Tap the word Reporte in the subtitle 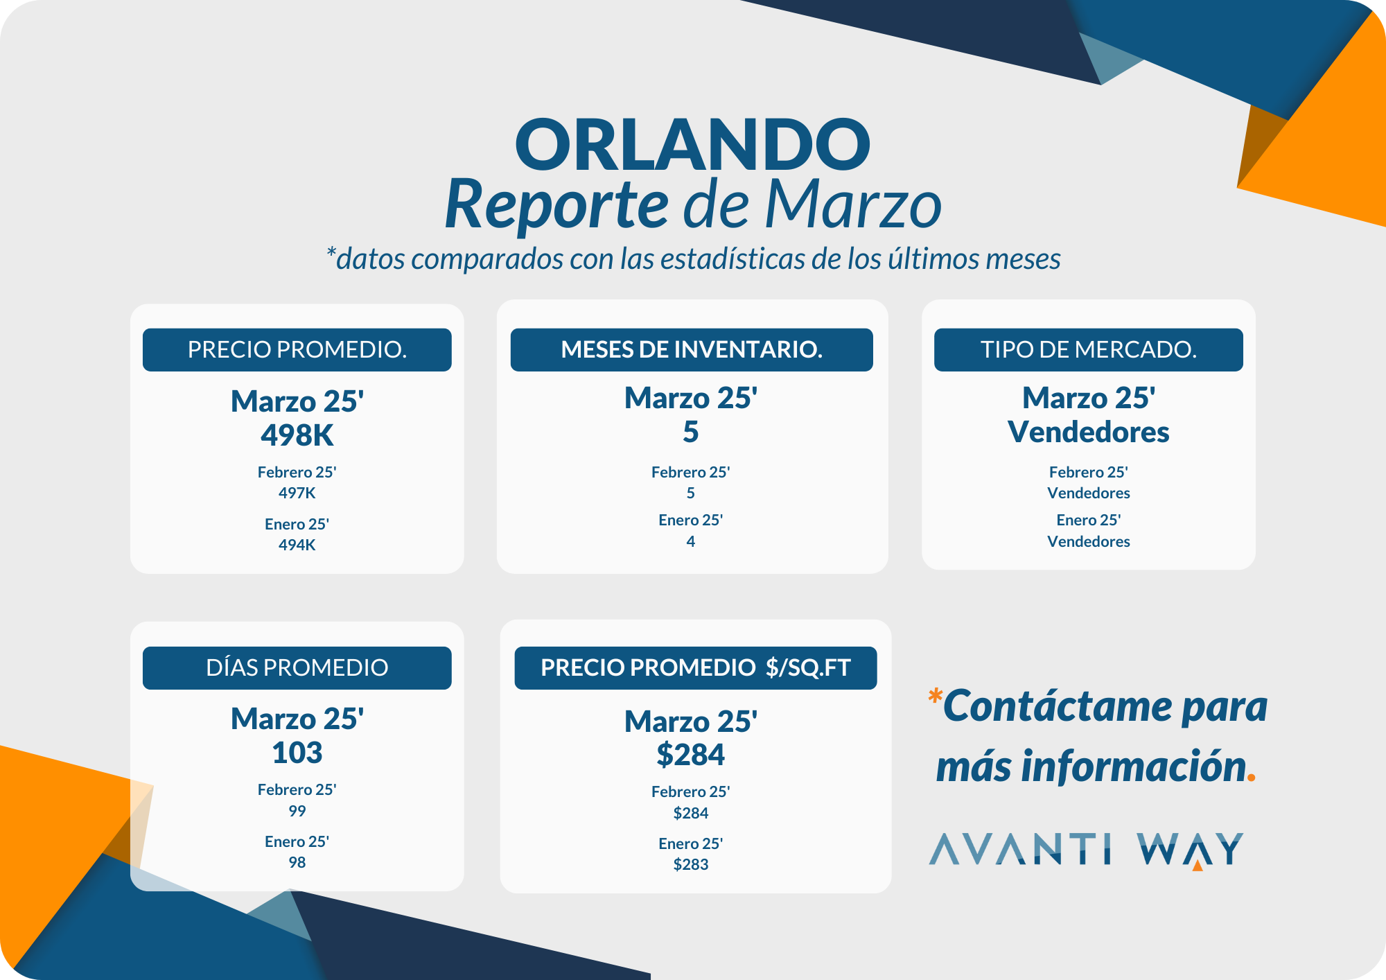coord(556,205)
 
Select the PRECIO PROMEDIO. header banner coord(297,349)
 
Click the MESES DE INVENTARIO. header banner coord(692,349)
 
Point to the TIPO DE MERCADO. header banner coord(1089,349)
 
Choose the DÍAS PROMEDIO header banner coord(297,667)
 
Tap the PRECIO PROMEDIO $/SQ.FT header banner coord(696,667)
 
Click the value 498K coord(297,435)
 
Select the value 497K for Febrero coord(297,493)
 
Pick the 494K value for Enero coord(297,545)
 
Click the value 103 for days coord(297,753)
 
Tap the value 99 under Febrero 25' coord(297,811)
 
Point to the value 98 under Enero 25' coord(297,862)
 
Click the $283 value coord(691,864)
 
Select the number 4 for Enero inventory coord(691,541)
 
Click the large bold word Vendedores coord(1089,432)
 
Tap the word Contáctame coord(1058,706)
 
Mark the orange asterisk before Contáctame coord(936,695)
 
